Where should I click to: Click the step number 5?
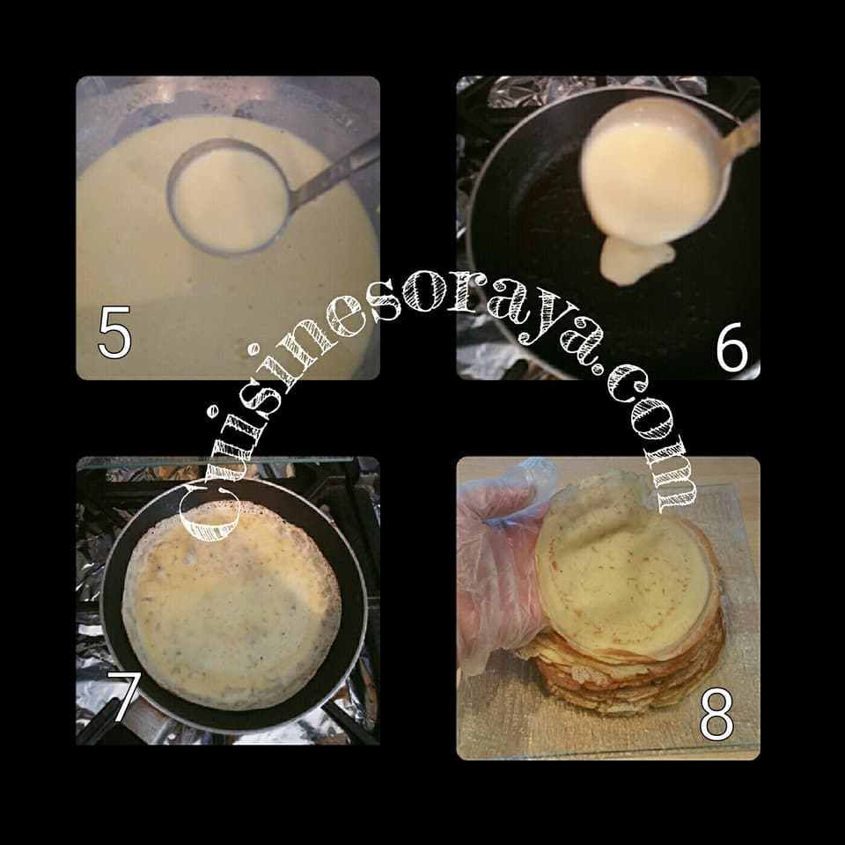(x=114, y=332)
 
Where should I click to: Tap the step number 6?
(x=732, y=347)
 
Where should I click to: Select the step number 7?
(x=124, y=697)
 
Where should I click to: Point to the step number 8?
(x=716, y=714)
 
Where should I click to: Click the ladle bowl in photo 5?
(x=229, y=196)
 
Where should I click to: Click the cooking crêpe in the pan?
(x=231, y=606)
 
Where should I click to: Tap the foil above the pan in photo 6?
(x=592, y=86)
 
